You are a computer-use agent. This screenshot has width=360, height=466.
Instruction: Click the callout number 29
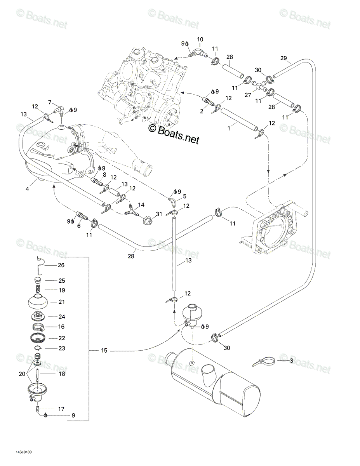tap(283, 58)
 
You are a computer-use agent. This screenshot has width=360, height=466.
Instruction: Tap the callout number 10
tap(200, 40)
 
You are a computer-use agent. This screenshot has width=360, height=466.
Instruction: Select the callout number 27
tap(248, 95)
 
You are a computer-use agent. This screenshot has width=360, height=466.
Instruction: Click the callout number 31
tap(159, 214)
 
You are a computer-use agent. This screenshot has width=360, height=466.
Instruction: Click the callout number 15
tap(104, 351)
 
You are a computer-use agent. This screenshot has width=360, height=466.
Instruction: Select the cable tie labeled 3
tap(263, 361)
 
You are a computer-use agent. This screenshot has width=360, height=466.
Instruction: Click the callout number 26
tap(61, 265)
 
